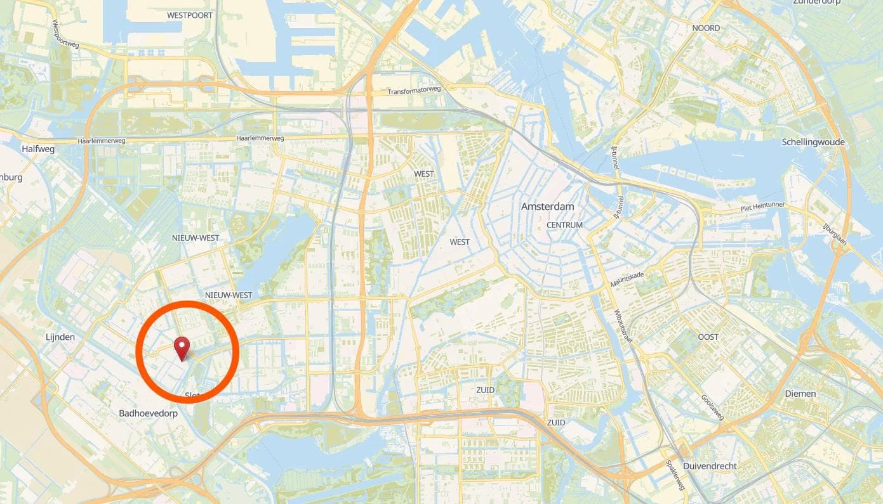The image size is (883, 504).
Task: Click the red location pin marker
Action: pos(182,348)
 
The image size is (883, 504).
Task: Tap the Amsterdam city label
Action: pos(547,207)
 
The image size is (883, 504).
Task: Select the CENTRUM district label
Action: pos(564,225)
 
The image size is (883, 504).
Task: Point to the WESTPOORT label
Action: pos(190,15)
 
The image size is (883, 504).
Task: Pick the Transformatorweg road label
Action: pos(414,91)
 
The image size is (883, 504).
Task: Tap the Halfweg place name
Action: pos(38,149)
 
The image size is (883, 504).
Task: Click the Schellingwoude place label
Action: pos(813,142)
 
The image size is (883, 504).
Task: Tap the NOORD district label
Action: pos(706,28)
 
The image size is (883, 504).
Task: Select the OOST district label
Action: pos(708,337)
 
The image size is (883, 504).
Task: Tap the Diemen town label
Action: pos(800,394)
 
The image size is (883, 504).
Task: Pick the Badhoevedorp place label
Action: pos(148,413)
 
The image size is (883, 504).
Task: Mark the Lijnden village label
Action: pos(60,337)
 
